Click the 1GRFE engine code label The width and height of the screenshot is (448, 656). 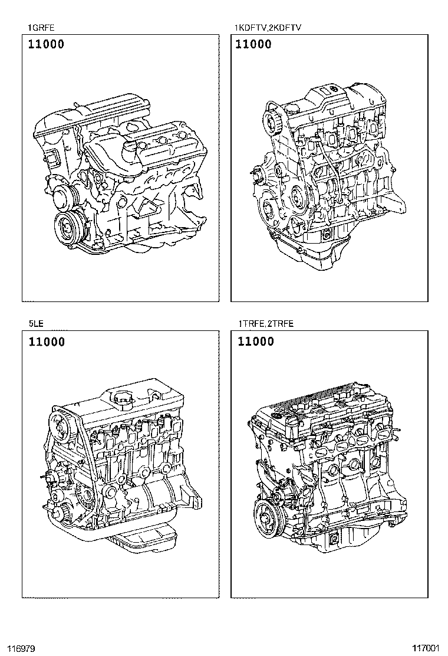pos(41,28)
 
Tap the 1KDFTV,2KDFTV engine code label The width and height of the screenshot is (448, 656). pos(268,28)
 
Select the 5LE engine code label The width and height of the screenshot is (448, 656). pos(36,323)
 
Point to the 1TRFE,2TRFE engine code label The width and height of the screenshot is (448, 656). pos(266,323)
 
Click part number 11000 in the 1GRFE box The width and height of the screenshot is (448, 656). pos(47,44)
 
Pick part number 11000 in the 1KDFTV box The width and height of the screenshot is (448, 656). pos(253,44)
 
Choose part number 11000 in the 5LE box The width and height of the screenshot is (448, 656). pos(47,342)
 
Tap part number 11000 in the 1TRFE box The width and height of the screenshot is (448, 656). pos(256,342)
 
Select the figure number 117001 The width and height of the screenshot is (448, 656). pos(426,648)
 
